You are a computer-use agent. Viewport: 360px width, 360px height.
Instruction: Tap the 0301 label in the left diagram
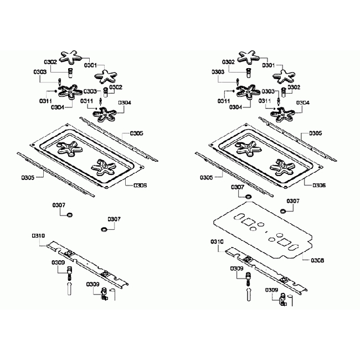point(91,65)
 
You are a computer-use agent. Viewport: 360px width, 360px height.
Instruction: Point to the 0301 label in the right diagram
point(268,65)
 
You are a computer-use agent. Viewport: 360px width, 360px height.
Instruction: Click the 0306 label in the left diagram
point(140,185)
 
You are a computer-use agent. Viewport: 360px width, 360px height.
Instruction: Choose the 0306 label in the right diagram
point(318,185)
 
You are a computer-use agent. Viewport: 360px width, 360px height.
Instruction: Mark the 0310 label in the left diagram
point(38,236)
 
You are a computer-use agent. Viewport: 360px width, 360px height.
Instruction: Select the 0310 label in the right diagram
point(217,241)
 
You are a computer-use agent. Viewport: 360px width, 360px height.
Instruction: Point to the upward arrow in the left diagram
point(69,289)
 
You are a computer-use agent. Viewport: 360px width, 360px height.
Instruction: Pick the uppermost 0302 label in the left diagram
point(50,63)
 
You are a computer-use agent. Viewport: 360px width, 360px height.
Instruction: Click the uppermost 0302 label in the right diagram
point(228,63)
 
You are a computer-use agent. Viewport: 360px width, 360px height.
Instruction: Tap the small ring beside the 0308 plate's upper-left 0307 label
point(248,196)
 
